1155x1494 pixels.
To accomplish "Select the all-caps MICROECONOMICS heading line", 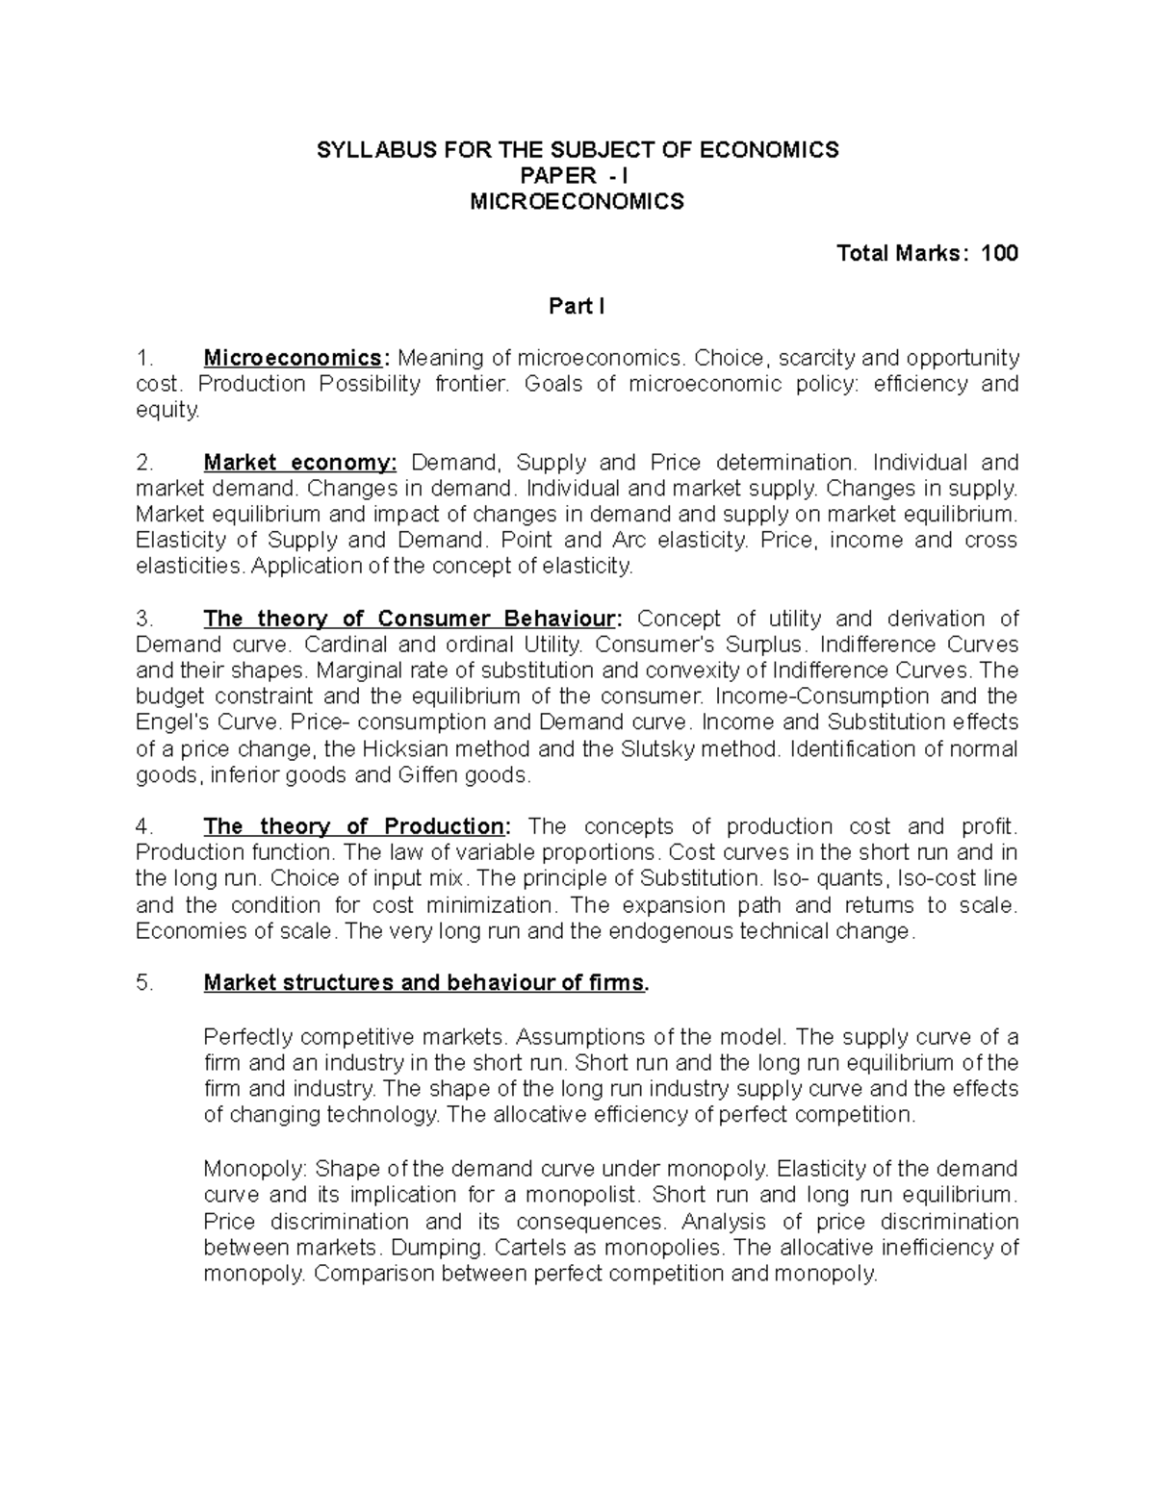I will pyautogui.click(x=577, y=201).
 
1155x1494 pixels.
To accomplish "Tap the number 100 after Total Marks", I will pyautogui.click(x=999, y=253).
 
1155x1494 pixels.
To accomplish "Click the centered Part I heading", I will pyautogui.click(x=577, y=306).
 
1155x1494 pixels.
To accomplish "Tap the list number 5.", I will pyautogui.click(x=144, y=983).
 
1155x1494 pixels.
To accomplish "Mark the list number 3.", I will pyautogui.click(x=144, y=618).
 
